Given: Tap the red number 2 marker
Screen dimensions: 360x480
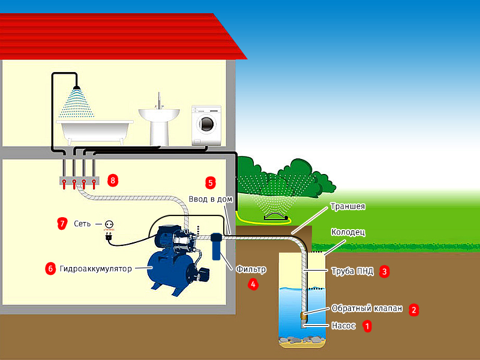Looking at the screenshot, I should (x=413, y=310).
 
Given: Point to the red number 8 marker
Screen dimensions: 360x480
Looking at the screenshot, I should (x=112, y=179).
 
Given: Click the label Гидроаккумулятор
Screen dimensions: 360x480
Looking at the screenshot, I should (x=95, y=269).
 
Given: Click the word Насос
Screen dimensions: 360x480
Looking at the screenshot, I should (x=344, y=326).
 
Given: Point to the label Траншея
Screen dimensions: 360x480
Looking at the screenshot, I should (x=347, y=206).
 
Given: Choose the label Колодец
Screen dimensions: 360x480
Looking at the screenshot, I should (x=349, y=232).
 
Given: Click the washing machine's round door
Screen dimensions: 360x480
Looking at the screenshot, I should (x=206, y=124).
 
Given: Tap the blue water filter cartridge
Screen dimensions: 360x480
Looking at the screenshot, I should (x=215, y=247).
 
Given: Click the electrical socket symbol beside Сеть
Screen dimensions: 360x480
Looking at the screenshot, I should (x=109, y=224).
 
